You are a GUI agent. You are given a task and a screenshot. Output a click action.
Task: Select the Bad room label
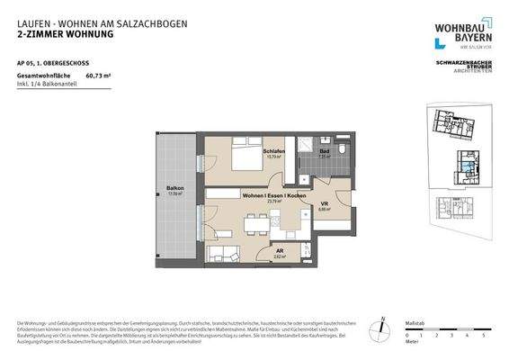tap(325, 151)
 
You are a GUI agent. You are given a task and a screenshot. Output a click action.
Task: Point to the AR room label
tap(280, 251)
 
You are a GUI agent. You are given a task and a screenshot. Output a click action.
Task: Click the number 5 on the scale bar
tap(484, 335)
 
